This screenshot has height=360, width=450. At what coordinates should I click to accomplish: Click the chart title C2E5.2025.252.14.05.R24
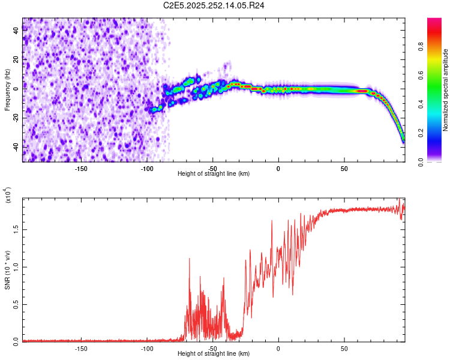pos(214,5)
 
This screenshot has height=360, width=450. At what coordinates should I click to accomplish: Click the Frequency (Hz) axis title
pos(7,90)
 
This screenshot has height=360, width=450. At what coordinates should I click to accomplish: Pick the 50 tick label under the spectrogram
pos(344,168)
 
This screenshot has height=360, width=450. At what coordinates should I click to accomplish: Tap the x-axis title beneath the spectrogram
pos(214,173)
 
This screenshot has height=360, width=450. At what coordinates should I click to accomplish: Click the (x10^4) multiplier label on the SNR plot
pos(7,196)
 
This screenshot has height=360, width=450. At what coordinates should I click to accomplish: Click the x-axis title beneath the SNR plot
pos(214,353)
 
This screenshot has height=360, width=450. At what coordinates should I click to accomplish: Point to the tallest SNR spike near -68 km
pos(190,259)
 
